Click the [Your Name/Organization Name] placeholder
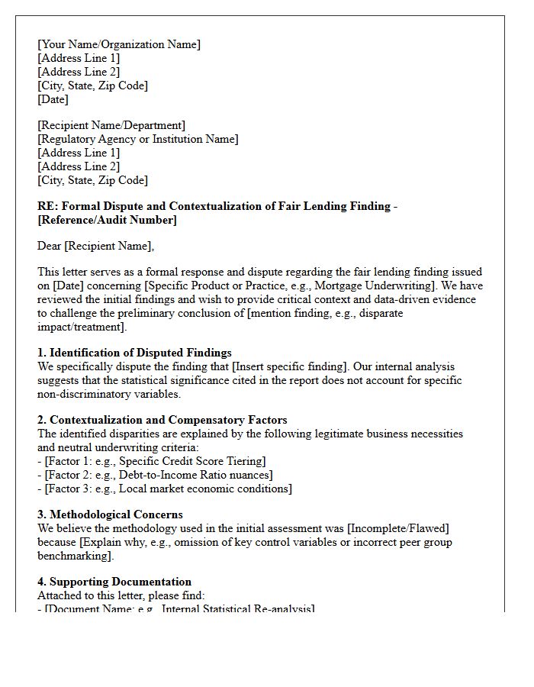pyautogui.click(x=119, y=44)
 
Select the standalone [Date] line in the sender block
pyautogui.click(x=53, y=99)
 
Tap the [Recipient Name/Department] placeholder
pyautogui.click(x=111, y=125)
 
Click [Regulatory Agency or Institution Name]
pyautogui.click(x=138, y=139)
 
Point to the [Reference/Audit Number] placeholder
pyautogui.click(x=107, y=220)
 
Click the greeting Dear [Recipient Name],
pyautogui.click(x=95, y=246)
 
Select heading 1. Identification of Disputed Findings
pyautogui.click(x=134, y=353)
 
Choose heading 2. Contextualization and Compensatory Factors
pyautogui.click(x=162, y=420)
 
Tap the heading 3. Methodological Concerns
pyautogui.click(x=110, y=514)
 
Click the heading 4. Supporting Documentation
pyautogui.click(x=114, y=582)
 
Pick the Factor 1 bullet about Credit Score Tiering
pyautogui.click(x=152, y=461)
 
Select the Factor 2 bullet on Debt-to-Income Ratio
pyautogui.click(x=155, y=475)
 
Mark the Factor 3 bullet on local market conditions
pyautogui.click(x=165, y=489)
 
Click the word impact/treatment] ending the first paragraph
pyautogui.click(x=82, y=327)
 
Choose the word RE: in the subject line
pyautogui.click(x=47, y=206)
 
